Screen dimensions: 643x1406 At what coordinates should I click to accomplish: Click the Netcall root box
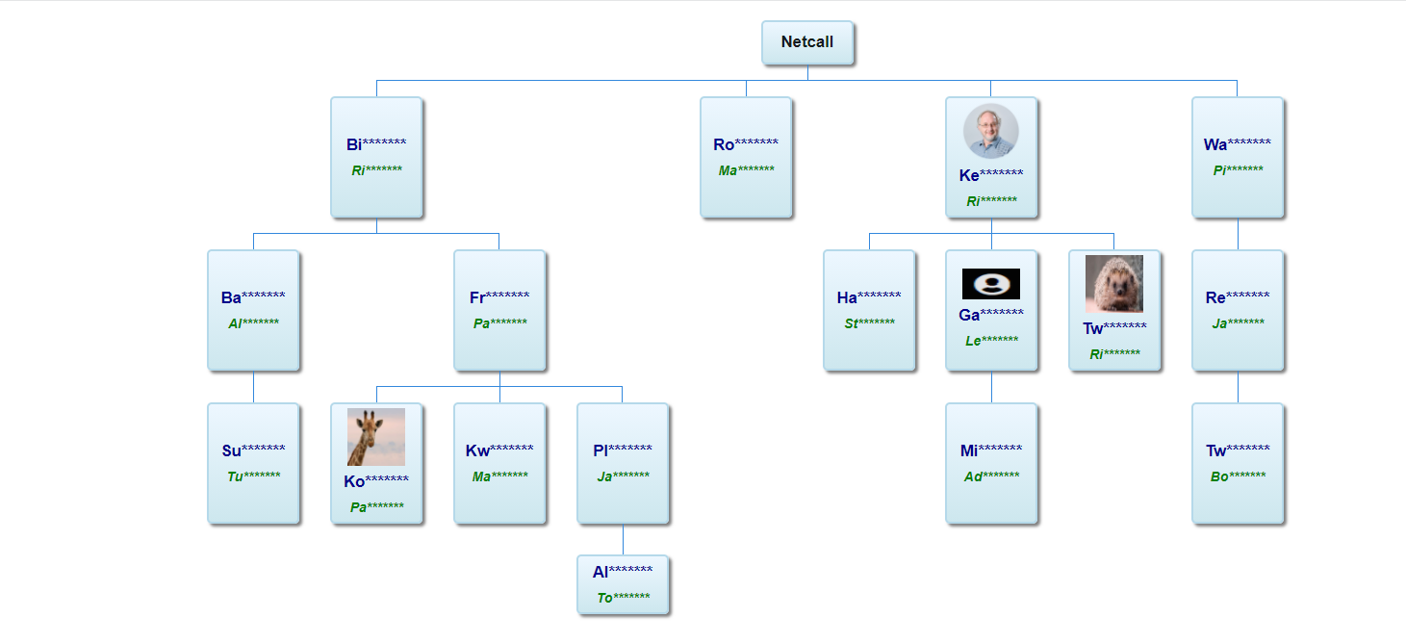(x=807, y=42)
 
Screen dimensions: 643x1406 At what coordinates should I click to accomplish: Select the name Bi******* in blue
(x=376, y=144)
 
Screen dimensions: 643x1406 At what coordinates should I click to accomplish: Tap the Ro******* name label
(x=746, y=144)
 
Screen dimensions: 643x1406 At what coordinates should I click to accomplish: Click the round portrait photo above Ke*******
(x=991, y=131)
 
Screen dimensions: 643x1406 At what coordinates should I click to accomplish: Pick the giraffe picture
(x=376, y=437)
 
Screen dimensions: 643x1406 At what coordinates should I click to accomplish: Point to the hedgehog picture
(x=1114, y=284)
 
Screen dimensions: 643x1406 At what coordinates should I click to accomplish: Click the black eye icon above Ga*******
(x=991, y=284)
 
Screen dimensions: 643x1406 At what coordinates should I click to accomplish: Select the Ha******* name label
(x=869, y=297)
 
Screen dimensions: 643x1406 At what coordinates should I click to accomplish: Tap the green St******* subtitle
(x=869, y=323)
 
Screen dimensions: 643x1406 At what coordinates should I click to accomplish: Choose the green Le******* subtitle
(x=991, y=340)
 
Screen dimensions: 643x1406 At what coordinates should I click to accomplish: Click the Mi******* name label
(x=991, y=450)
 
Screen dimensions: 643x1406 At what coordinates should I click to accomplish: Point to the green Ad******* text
(x=991, y=476)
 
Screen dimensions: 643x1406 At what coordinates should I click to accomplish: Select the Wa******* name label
(x=1237, y=144)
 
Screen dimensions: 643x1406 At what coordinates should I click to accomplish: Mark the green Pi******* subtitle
(x=1238, y=169)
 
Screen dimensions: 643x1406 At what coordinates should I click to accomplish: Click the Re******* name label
(x=1238, y=297)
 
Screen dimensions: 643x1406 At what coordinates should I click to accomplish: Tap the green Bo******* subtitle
(x=1238, y=476)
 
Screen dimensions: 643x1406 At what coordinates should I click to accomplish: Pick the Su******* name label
(x=253, y=450)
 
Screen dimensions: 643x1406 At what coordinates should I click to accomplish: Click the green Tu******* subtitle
(x=253, y=476)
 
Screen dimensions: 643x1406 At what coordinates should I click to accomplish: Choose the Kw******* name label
(x=499, y=450)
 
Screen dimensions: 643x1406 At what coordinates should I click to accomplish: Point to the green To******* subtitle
(x=623, y=597)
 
